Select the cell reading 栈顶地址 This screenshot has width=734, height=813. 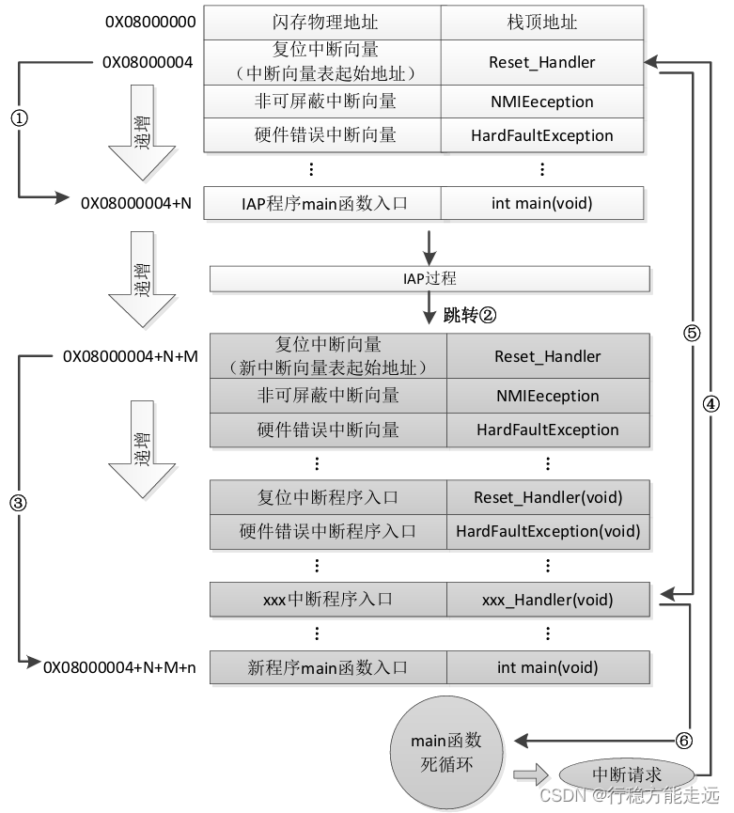[541, 22]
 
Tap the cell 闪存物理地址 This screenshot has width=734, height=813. [322, 22]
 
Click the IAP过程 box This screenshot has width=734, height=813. [429, 279]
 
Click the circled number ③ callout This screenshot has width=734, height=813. [17, 501]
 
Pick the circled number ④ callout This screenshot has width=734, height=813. [711, 402]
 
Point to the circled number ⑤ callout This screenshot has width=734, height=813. [692, 333]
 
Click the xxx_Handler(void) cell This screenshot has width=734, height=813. [547, 600]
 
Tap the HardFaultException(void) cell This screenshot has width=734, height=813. [547, 531]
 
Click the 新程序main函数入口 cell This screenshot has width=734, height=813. [327, 668]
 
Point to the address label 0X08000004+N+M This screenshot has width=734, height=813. [130, 356]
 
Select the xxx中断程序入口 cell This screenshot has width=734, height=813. [327, 600]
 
